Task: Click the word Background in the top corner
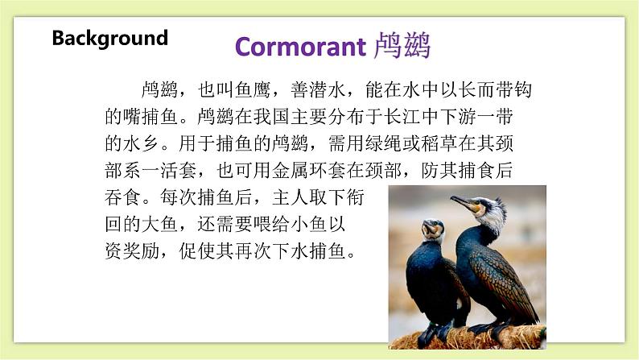109,38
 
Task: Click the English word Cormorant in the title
299,47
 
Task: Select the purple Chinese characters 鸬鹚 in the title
402,47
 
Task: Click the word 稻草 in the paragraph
442,144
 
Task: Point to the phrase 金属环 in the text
320,172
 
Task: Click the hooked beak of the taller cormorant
460,201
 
